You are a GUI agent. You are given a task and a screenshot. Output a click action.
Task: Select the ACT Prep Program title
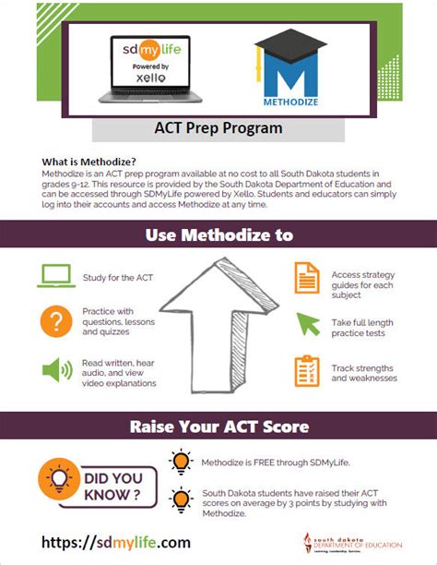click(218, 128)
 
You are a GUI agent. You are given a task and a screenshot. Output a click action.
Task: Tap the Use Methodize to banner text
click(218, 235)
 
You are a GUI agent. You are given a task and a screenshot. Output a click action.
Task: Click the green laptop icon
click(57, 276)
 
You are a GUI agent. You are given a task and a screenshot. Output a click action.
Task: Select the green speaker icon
click(57, 370)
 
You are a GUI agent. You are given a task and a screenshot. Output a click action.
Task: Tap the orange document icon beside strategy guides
click(305, 277)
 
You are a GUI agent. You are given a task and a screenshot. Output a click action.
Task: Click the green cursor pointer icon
click(305, 324)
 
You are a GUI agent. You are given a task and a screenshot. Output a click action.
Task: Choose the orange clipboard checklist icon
click(305, 370)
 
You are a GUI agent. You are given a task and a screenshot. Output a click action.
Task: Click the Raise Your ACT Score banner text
click(218, 427)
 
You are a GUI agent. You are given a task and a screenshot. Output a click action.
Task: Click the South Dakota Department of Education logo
click(364, 543)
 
